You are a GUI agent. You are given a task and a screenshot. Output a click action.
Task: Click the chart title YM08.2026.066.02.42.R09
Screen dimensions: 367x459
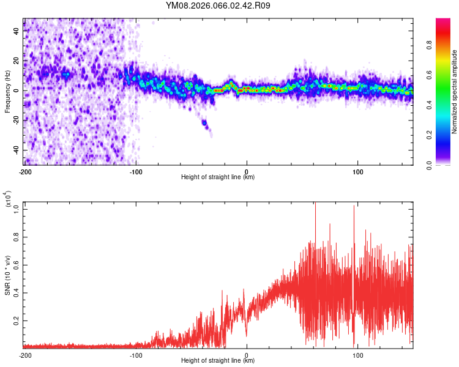point(218,6)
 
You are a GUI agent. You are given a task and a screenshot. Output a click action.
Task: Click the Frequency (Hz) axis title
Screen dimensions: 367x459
point(7,92)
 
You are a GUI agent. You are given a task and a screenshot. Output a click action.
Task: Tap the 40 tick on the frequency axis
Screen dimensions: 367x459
point(17,30)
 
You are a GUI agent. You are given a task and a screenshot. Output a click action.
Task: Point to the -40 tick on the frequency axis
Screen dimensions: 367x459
point(17,150)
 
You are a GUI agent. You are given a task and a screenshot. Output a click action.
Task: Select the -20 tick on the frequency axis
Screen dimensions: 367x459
point(17,120)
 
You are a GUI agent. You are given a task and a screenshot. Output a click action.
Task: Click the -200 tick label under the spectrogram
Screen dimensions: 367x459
point(25,171)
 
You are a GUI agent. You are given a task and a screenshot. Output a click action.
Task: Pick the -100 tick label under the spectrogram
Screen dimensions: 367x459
point(136,171)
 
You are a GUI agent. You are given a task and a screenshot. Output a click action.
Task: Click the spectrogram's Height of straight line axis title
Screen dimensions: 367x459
point(218,177)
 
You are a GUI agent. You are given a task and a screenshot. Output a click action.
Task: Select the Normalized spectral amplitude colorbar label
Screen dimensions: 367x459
point(455,92)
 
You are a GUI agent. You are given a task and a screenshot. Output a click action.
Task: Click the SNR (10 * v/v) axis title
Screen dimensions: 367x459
point(7,275)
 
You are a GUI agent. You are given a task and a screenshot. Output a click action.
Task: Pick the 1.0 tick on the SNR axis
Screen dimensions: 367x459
point(17,209)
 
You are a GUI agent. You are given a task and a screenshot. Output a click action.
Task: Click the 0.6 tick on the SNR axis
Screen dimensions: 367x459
point(17,264)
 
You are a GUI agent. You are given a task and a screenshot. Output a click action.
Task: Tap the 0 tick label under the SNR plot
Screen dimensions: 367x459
point(247,355)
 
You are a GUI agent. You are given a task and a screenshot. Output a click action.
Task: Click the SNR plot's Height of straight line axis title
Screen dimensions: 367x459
point(218,361)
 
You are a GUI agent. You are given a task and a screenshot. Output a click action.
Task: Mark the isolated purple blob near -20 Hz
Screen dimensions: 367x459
point(205,125)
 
